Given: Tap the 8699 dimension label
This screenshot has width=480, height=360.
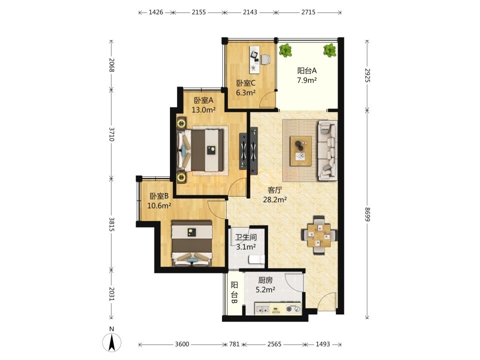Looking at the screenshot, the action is pos(367,214).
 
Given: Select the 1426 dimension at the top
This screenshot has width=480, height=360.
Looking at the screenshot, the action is pos(156,12).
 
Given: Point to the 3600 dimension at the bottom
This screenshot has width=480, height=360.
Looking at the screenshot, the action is pos(182,344).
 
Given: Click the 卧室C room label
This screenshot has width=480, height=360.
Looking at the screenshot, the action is pos(246,83).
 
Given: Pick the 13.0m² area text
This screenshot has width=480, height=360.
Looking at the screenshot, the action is pos(203,109).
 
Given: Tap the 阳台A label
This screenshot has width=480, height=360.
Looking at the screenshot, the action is pos(306,70).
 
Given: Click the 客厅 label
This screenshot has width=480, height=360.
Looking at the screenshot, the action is pos(274,190).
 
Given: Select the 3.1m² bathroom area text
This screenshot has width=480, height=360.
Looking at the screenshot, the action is pos(246,246).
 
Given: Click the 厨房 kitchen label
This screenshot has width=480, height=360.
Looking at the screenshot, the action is pos(265,280).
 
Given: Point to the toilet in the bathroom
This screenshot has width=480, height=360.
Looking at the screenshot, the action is pos(256,259).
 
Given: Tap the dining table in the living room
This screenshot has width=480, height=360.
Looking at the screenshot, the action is pos(319,235).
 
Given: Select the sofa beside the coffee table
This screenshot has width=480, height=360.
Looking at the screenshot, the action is pos(327,150).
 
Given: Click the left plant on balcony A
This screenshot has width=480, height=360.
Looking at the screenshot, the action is pos(285,50).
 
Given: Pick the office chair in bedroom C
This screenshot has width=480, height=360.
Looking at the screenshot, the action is pos(265,59).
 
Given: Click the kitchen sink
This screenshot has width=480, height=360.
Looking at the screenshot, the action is pos(262,309).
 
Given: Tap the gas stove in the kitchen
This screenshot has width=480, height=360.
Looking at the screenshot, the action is pos(293,309).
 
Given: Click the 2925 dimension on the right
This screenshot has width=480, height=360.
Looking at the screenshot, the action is pos(367,75).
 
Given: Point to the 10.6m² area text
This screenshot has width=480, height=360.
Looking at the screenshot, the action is pos(159,205).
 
